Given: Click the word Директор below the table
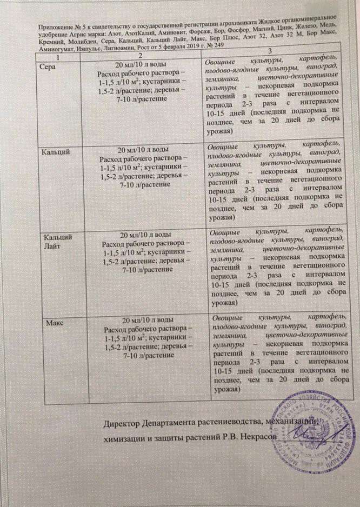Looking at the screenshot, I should click(x=127, y=421).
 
